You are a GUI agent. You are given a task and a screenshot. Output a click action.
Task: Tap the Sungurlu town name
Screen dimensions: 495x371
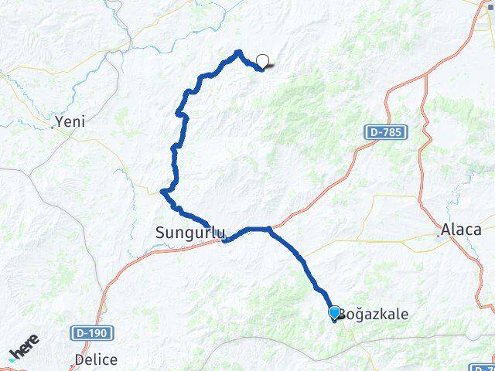(x=189, y=232)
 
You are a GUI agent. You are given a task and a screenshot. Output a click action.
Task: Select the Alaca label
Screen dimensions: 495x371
(x=461, y=230)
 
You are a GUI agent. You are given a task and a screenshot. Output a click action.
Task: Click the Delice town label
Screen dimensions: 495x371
(x=96, y=359)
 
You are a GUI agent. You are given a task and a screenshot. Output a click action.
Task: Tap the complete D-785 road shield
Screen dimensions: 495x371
(x=384, y=134)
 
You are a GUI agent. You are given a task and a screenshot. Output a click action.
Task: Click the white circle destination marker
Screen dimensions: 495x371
(x=263, y=62)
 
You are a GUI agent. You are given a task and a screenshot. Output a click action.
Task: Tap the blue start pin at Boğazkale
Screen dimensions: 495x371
(x=334, y=312)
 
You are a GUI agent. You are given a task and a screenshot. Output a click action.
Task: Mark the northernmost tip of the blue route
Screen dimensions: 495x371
(x=238, y=52)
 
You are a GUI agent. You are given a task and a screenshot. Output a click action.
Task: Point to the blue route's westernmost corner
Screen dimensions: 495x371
(x=162, y=192)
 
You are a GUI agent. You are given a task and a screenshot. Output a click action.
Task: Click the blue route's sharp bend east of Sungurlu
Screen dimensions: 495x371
(x=268, y=229)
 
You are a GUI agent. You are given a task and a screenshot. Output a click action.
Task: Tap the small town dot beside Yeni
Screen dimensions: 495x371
(x=53, y=126)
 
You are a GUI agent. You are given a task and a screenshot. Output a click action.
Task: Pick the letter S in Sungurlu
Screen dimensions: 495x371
(x=160, y=232)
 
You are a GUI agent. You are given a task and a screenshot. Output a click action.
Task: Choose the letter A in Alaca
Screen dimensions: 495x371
(x=445, y=230)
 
